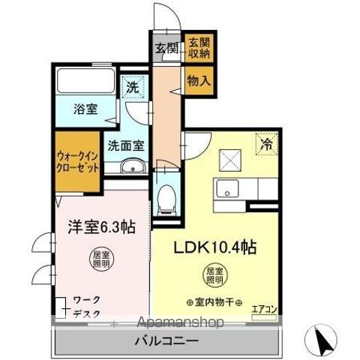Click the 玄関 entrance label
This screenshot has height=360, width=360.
pyautogui.click(x=166, y=49)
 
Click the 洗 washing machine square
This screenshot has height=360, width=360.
pyautogui.click(x=133, y=86)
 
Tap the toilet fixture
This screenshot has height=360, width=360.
pyautogui.click(x=166, y=197)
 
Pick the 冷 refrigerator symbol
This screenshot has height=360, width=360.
pyautogui.click(x=265, y=142)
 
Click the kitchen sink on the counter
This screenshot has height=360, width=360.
pyautogui.click(x=226, y=188)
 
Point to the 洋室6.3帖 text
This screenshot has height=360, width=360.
pyautogui.click(x=92, y=224)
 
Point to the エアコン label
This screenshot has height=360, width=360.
pyautogui.click(x=264, y=307)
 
